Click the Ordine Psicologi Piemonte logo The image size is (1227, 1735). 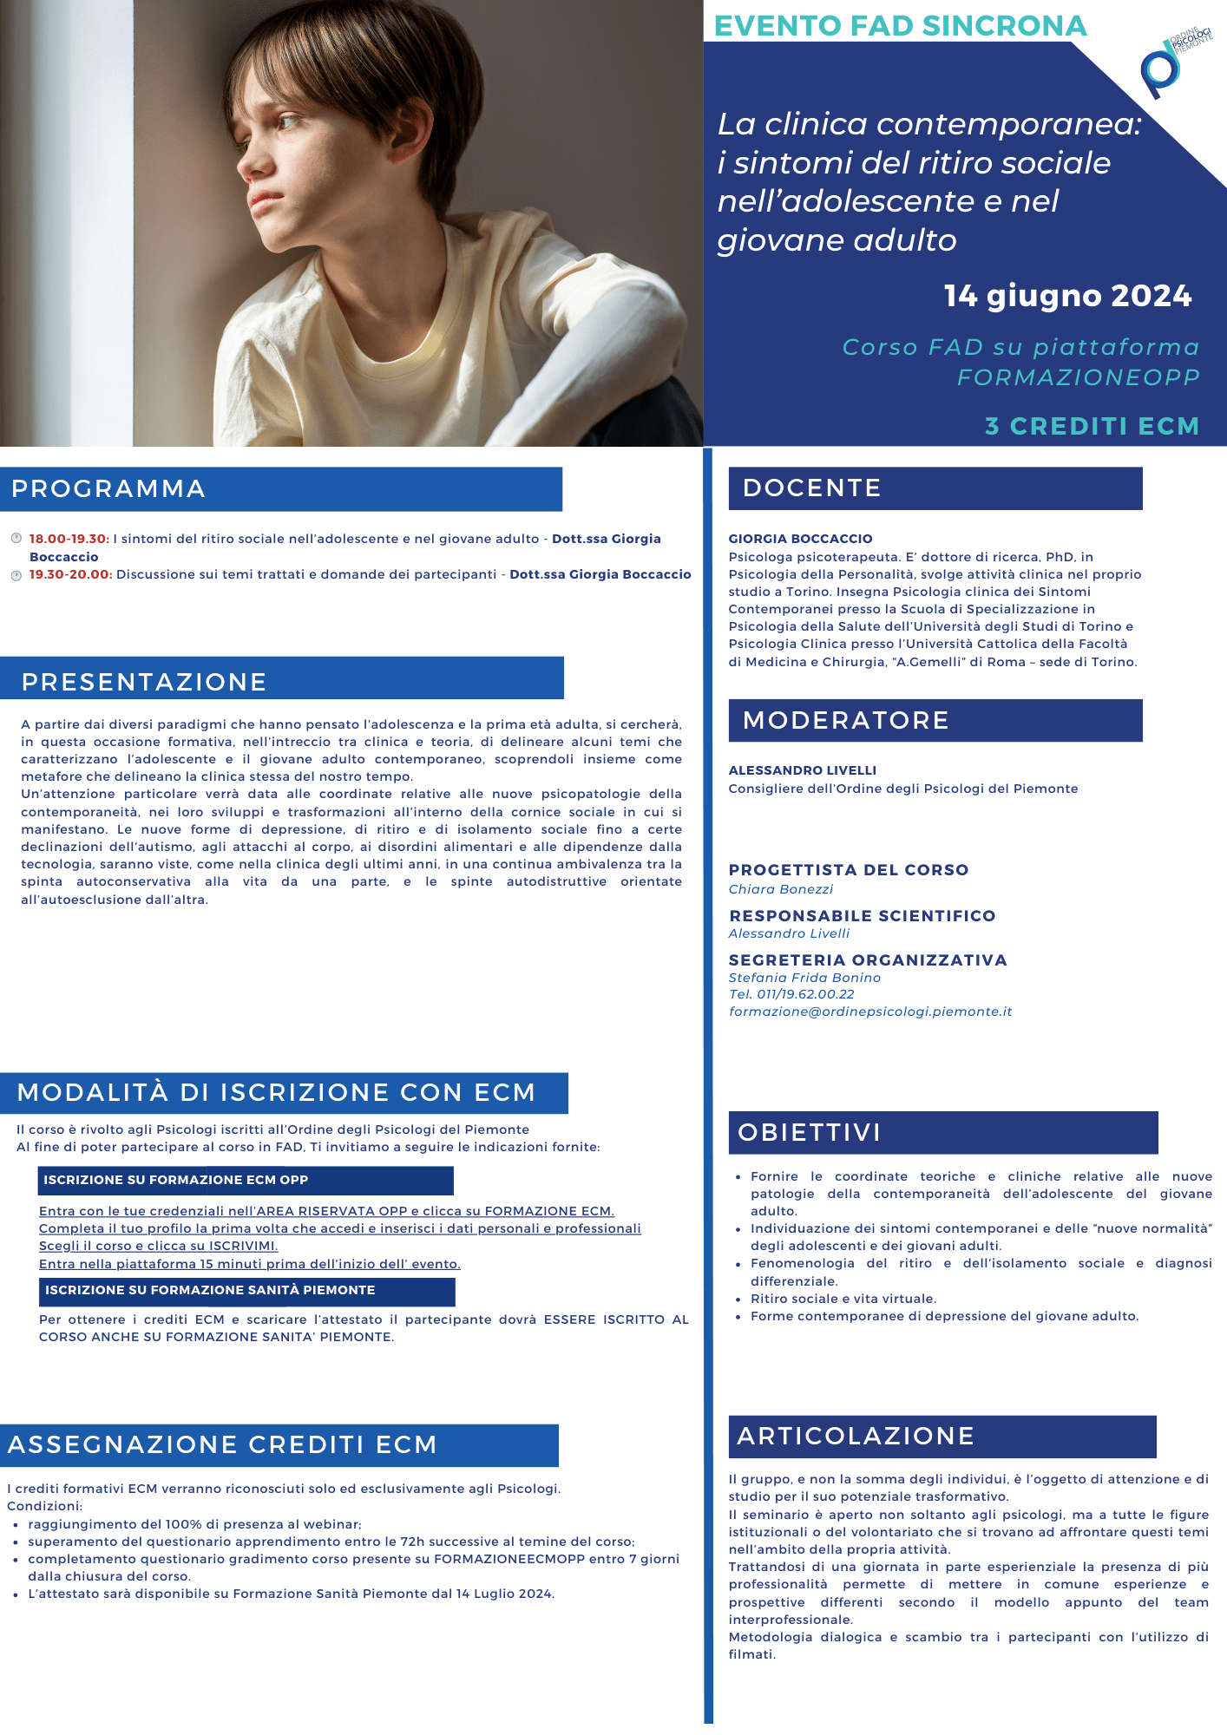[x=1173, y=62]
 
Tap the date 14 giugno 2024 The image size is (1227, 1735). [x=1067, y=296]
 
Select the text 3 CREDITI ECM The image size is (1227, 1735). [x=1092, y=426]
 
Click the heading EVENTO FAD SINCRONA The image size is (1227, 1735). [x=900, y=26]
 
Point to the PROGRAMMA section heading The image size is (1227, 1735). [x=108, y=489]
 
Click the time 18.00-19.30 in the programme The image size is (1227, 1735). [x=69, y=539]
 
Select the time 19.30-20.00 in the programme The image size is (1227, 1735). [x=70, y=574]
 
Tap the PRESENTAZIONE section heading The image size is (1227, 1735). [x=144, y=682]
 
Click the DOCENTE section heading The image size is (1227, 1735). [x=811, y=488]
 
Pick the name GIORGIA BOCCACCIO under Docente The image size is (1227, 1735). [x=800, y=539]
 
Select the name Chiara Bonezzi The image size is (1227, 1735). [x=780, y=889]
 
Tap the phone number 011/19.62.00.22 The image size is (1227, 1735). [x=805, y=994]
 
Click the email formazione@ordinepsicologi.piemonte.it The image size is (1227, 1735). [x=869, y=1012]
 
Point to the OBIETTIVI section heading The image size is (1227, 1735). [x=809, y=1133]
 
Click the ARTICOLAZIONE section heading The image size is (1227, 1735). [x=855, y=1437]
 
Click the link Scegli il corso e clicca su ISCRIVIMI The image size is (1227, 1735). [x=158, y=1246]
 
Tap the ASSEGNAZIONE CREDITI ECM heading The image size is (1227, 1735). [x=221, y=1445]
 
